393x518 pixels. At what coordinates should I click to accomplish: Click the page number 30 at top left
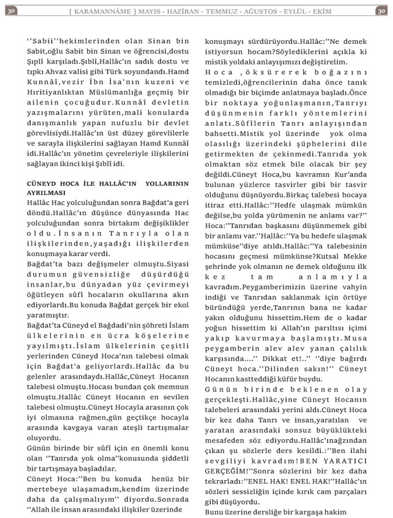[x=12, y=11]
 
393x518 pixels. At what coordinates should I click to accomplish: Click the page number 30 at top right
[x=381, y=11]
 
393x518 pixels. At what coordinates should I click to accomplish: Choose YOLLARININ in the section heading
[x=167, y=183]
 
